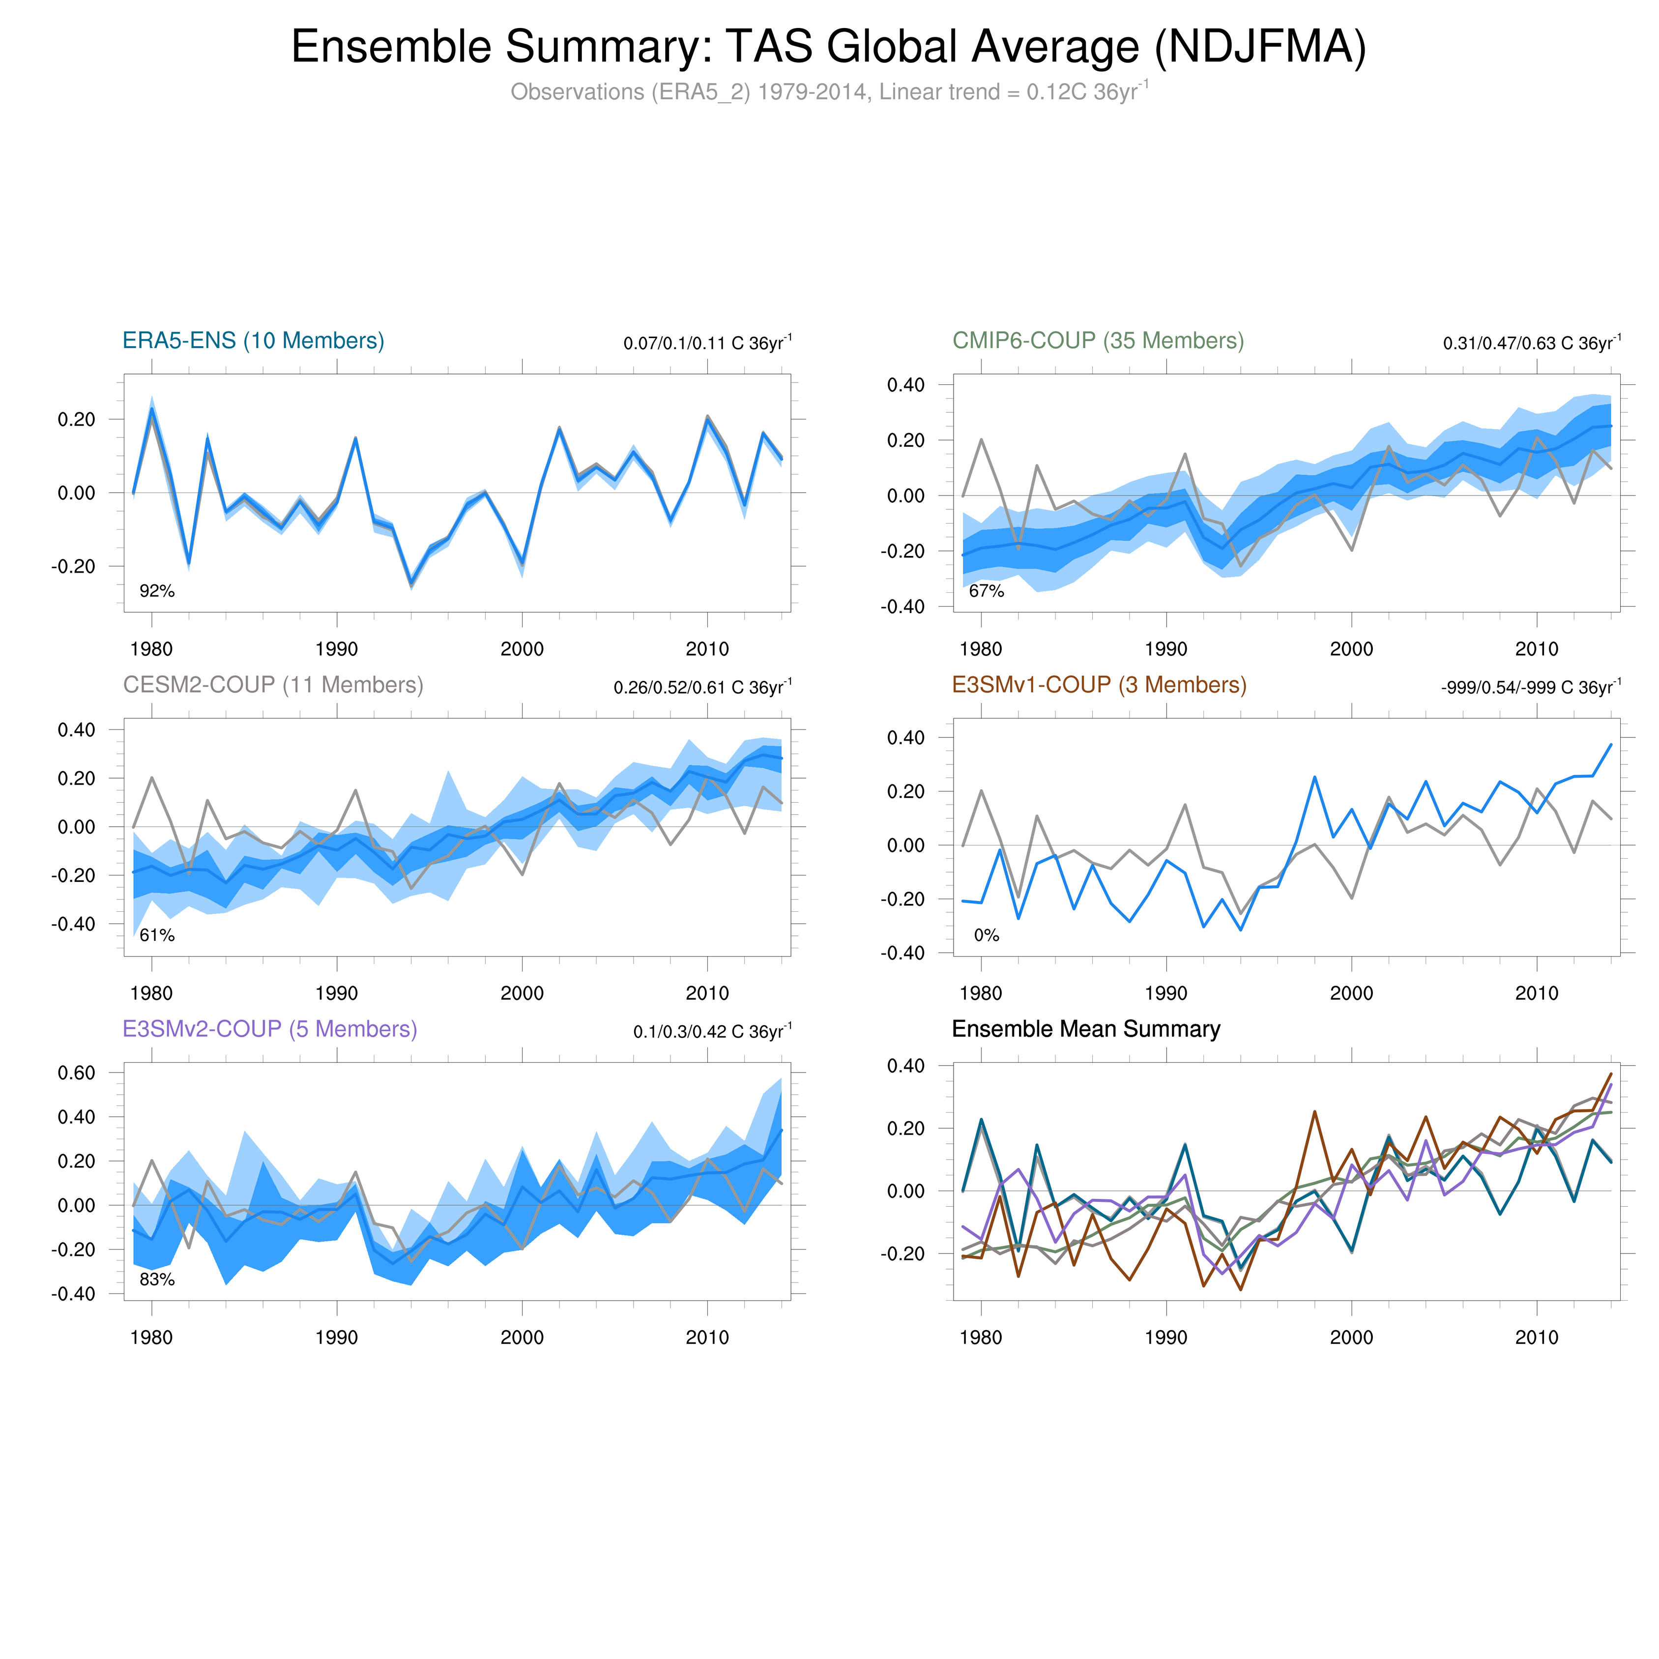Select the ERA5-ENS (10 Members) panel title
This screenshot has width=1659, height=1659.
(x=253, y=341)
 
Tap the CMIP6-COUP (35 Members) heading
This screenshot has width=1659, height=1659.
(x=1098, y=341)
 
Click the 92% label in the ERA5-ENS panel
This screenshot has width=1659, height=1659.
(x=157, y=591)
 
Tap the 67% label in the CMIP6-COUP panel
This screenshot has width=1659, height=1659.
(x=987, y=591)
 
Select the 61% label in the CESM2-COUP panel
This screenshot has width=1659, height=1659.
(x=157, y=935)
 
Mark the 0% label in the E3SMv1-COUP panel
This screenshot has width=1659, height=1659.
(x=987, y=935)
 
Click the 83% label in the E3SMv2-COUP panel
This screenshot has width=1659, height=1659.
(x=157, y=1280)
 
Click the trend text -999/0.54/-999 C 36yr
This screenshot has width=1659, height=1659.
(x=1530, y=688)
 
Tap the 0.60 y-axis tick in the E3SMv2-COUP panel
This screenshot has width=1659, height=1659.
(x=76, y=1073)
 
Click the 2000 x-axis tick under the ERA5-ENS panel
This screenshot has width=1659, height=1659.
(x=522, y=649)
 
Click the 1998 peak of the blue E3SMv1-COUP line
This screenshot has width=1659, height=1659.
(x=1314, y=777)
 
